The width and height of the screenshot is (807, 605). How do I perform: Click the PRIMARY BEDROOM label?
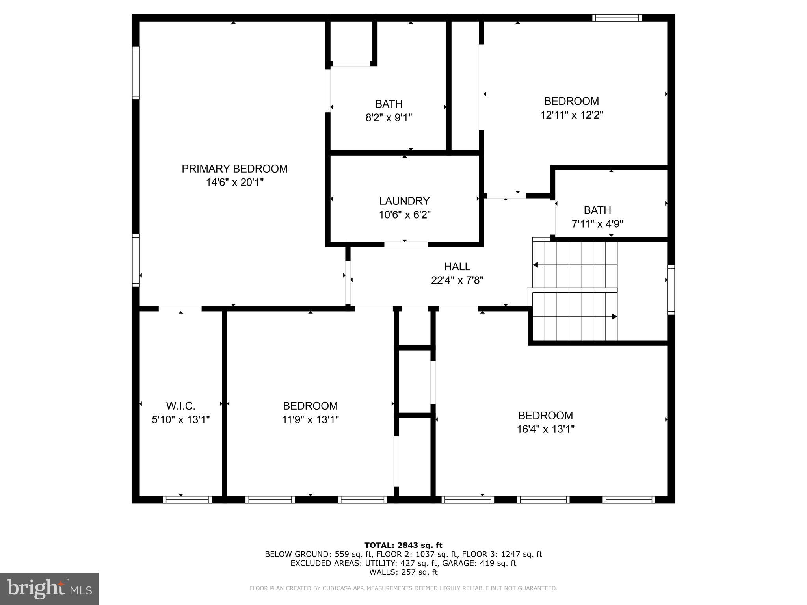(x=234, y=169)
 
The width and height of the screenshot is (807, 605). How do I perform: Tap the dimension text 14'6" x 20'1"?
(x=234, y=182)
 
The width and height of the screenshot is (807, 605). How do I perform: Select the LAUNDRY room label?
(x=404, y=201)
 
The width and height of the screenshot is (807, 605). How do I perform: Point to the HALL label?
(x=457, y=267)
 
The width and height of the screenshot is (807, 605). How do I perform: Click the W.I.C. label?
(x=180, y=406)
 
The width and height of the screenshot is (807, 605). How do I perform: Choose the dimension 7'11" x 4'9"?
(x=597, y=224)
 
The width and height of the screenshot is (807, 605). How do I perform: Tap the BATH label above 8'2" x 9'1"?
(x=389, y=104)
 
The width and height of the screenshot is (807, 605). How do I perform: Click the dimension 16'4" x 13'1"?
(x=545, y=429)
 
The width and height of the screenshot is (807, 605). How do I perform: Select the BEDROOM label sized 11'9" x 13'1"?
(x=310, y=406)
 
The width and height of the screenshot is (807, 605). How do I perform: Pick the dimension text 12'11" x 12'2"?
(x=571, y=115)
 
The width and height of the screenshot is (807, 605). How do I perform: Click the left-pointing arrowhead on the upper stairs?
(x=535, y=265)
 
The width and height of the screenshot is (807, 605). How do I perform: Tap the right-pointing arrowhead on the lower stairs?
(x=614, y=317)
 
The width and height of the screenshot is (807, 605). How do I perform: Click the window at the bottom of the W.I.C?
(x=187, y=499)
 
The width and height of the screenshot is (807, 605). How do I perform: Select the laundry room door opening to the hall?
(x=406, y=245)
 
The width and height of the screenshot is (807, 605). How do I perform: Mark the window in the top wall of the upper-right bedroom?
(x=617, y=18)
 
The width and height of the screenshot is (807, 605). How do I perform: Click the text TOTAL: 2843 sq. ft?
(x=403, y=545)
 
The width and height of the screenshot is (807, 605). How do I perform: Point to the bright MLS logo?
(x=49, y=588)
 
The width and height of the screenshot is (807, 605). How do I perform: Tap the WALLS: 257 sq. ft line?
(x=403, y=572)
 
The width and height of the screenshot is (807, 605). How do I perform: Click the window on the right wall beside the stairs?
(x=671, y=290)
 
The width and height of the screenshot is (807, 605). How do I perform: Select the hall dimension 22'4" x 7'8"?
(x=457, y=280)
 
